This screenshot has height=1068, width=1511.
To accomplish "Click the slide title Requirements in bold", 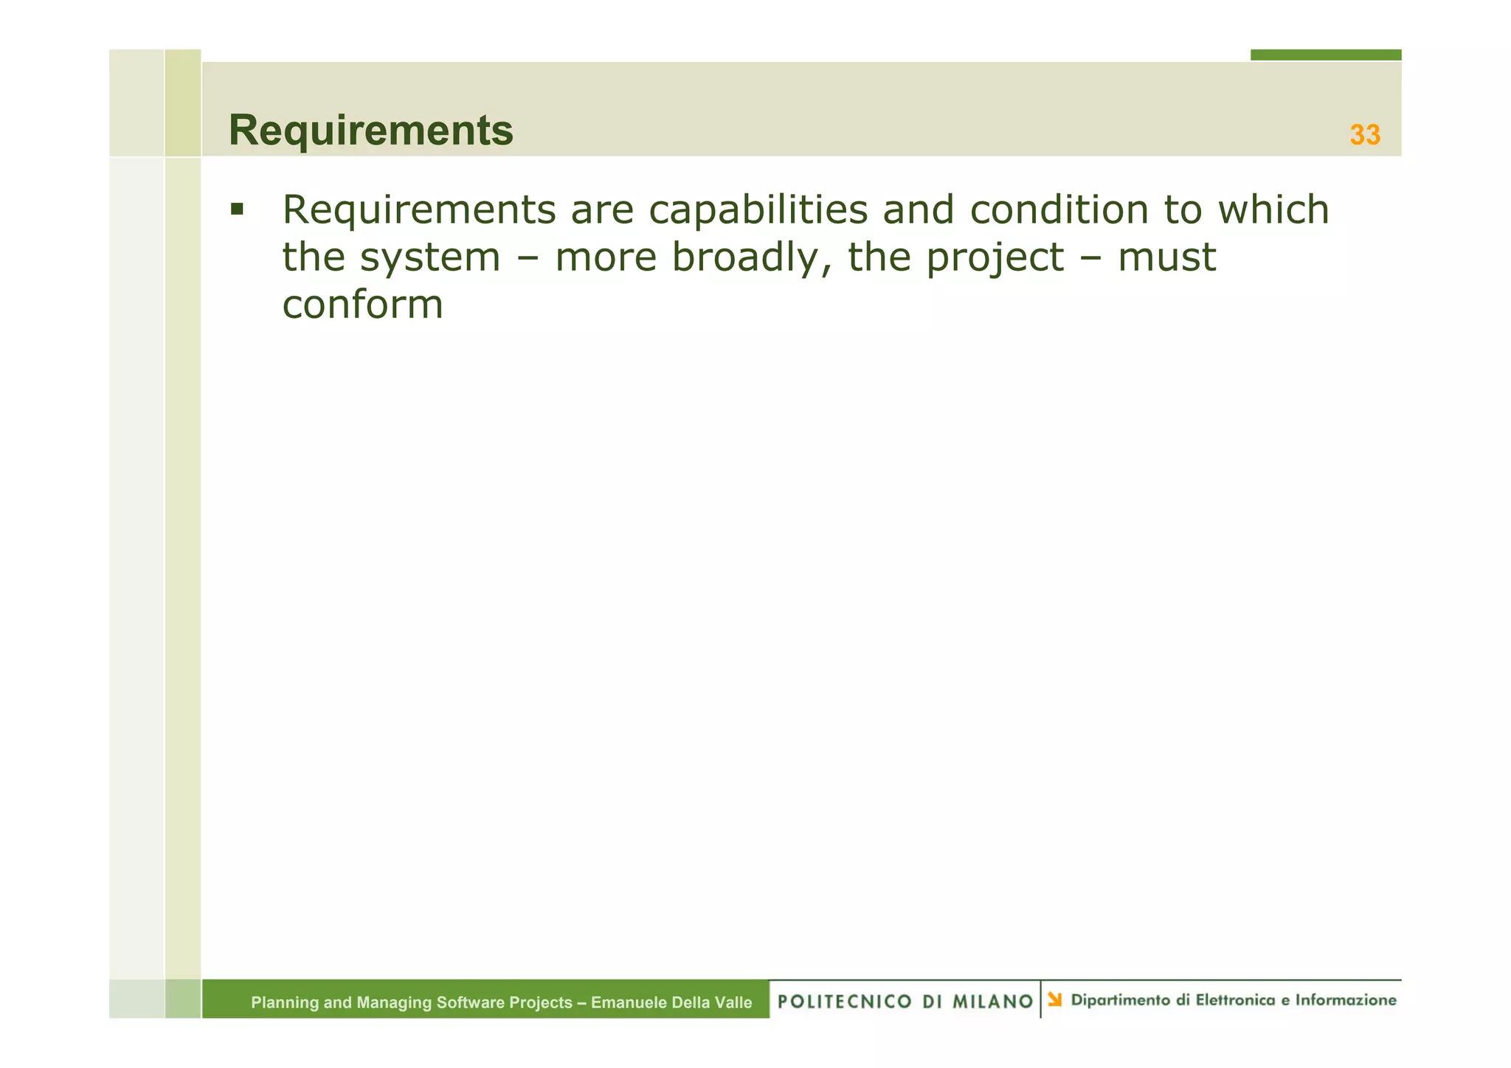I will tap(370, 131).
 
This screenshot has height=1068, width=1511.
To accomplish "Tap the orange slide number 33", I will tap(1364, 135).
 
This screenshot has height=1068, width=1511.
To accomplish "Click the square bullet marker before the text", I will tap(237, 209).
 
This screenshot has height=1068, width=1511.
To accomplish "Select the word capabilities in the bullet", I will tap(758, 210).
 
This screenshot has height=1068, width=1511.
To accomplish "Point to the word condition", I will tap(1059, 210).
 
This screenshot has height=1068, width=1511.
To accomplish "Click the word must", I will tap(1166, 258).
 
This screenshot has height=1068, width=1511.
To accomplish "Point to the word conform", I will tap(362, 305).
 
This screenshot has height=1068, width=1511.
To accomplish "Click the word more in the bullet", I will tap(605, 258).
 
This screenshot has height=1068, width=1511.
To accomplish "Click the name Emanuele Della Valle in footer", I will tap(671, 1002).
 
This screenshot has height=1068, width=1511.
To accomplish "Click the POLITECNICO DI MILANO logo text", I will tap(905, 1002).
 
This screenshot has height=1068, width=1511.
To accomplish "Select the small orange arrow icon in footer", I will tap(1055, 999).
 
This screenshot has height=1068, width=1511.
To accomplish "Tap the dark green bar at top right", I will tap(1325, 55).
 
